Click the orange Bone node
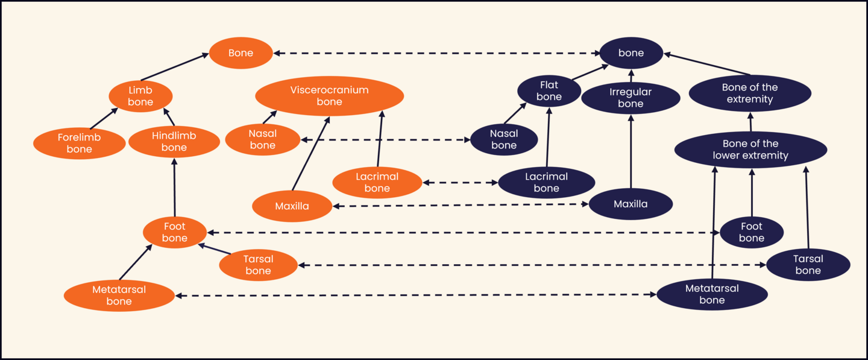pos(241,53)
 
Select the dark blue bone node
pos(631,53)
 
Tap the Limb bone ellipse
pos(140,96)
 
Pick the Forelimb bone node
pos(79,144)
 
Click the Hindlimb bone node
pos(174,142)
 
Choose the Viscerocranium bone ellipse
pos(329,96)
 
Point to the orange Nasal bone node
pos(262,139)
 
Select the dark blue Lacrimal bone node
pos(546,183)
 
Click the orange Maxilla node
pos(292,206)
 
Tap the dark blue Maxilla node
pos(631,204)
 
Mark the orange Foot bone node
pos(174,232)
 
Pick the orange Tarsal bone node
pos(258,265)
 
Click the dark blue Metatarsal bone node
pos(712,294)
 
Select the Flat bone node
pos(549,91)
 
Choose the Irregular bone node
pos(631,98)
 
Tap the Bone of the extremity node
pos(749,93)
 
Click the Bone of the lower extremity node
pos(750,150)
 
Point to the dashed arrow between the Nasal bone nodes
pos(385,140)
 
